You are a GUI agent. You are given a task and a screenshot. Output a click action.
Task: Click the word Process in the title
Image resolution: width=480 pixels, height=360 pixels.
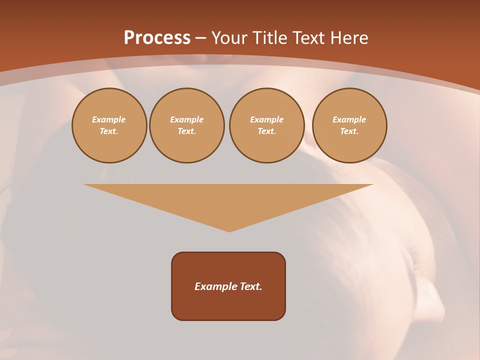point(157,38)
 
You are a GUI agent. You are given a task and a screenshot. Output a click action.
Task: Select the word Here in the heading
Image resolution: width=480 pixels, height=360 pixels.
point(349,38)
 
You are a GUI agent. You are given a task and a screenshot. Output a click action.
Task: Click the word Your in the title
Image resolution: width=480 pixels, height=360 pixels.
point(230,38)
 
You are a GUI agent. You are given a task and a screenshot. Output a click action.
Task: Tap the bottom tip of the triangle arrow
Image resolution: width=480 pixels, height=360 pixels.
point(229,230)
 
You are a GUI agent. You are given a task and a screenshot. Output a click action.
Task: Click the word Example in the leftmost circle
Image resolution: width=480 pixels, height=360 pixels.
point(109,119)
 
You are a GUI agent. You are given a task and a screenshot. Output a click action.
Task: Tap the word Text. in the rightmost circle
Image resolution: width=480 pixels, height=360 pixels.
point(349,131)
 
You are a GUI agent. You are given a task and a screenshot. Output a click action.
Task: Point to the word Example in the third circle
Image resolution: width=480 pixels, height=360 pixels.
point(267,119)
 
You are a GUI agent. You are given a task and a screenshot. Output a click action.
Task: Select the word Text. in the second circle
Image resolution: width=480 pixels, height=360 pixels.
point(187,131)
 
